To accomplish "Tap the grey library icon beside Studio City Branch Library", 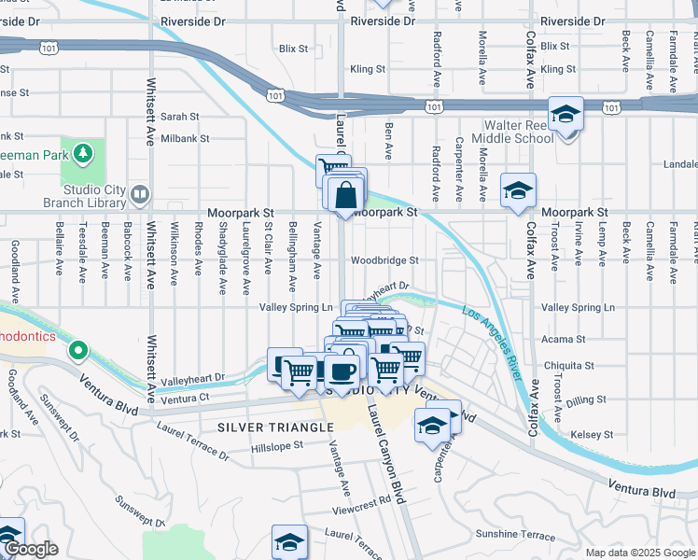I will click(x=140, y=194).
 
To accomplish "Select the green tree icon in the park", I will click(x=84, y=151).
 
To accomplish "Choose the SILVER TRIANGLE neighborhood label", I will click(x=275, y=427).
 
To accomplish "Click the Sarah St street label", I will click(x=180, y=117).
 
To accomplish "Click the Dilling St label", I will click(x=586, y=400).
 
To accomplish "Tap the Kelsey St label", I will click(x=587, y=435).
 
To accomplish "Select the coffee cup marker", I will click(x=342, y=371).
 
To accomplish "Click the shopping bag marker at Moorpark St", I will click(x=345, y=195).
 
